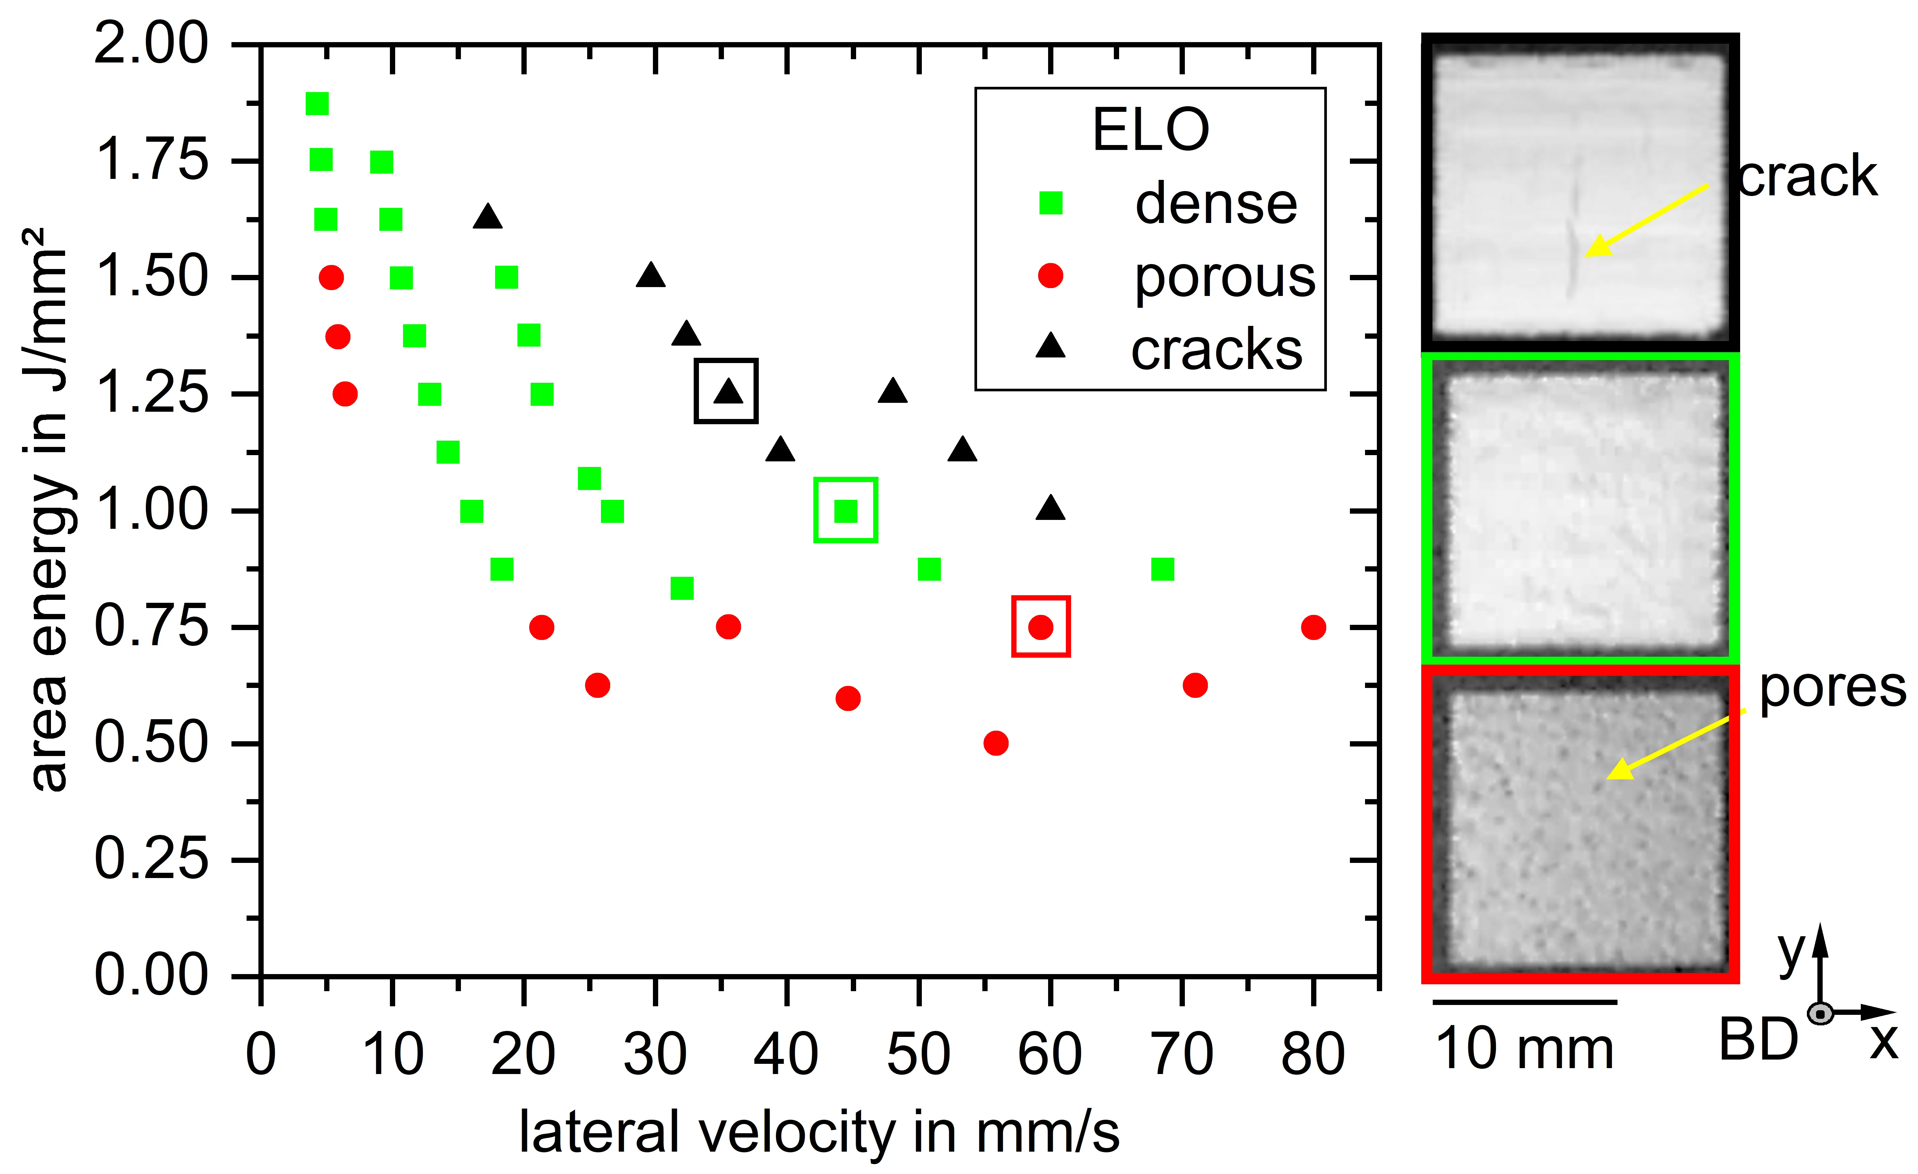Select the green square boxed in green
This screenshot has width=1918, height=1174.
[845, 511]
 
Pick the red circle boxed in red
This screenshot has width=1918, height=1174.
[1041, 627]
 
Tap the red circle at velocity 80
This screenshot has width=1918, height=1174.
[1313, 627]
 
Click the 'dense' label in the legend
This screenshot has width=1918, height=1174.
[1216, 204]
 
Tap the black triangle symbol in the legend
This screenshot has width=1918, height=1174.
[1050, 345]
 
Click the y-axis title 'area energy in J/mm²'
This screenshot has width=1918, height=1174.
[48, 510]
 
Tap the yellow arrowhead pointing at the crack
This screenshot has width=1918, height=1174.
[1597, 245]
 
